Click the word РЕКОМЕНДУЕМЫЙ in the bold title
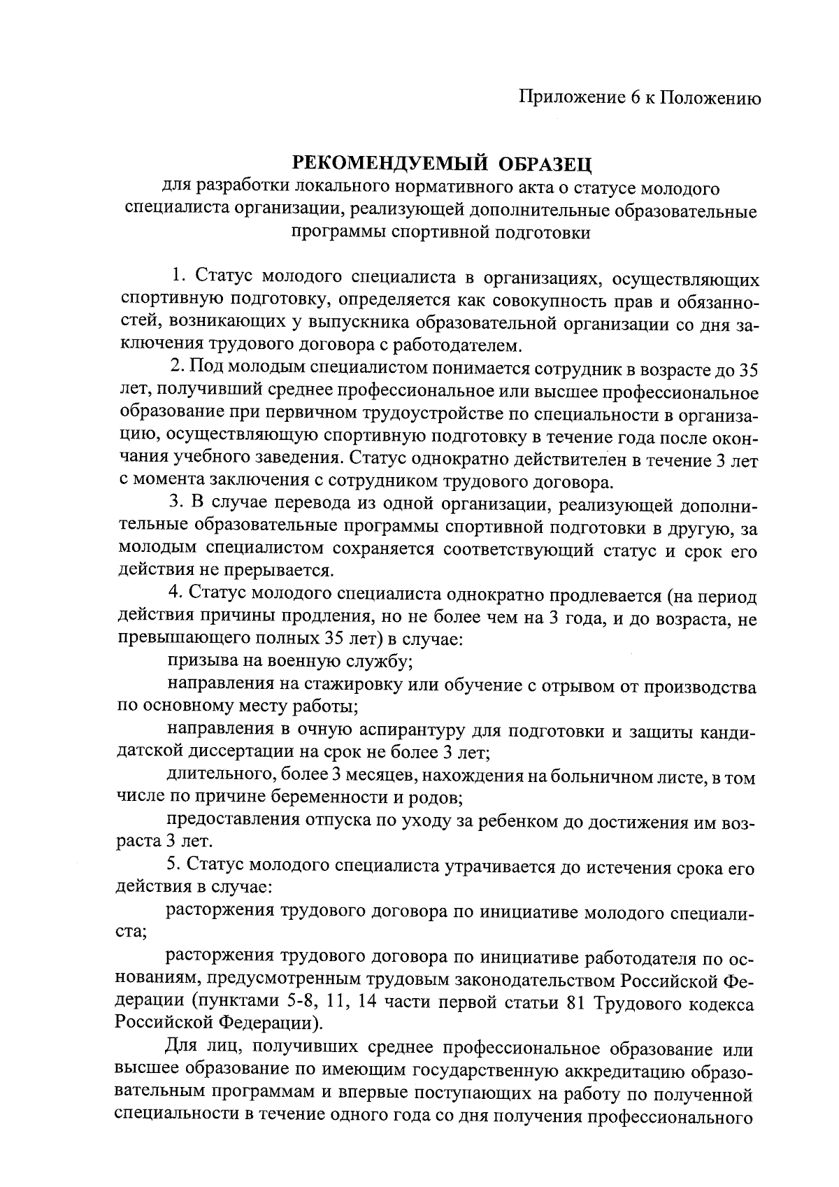click(x=378, y=165)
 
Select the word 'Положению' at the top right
click(x=710, y=99)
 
